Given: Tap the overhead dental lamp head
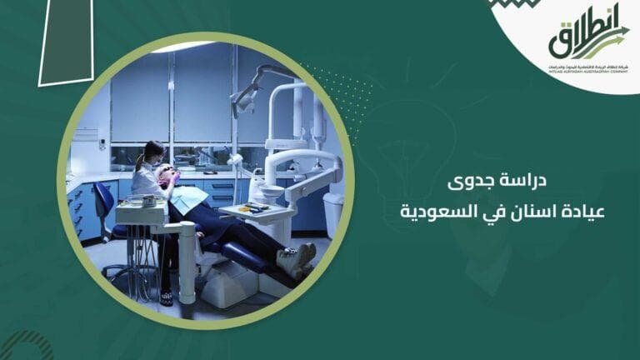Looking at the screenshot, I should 247,99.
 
